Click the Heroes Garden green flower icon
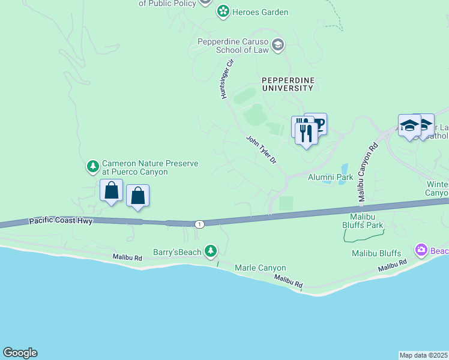pos(223,11)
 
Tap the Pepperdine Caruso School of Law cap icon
pos(277,44)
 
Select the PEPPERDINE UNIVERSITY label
pos(287,84)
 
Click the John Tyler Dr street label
pos(261,150)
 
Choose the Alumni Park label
pos(330,178)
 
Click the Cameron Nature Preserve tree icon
pos(92,165)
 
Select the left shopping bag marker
pos(111,191)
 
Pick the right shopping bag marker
pos(138,196)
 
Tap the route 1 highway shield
pos(199,224)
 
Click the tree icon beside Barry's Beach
pos(210,251)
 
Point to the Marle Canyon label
pos(260,268)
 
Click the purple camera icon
pos(421,249)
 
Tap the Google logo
pos(20,353)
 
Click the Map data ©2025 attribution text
pos(424,355)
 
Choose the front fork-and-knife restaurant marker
pos(306,133)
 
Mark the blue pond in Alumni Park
pos(342,169)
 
